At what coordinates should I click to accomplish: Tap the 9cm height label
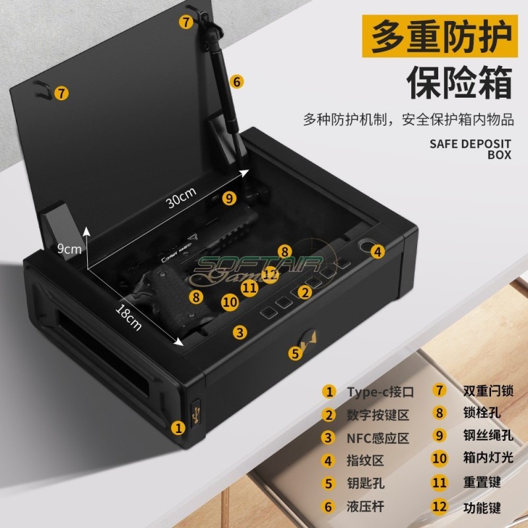69,249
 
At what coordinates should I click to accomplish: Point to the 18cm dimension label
129,316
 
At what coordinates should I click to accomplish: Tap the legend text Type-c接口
380,391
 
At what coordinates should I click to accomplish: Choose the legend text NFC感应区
378,438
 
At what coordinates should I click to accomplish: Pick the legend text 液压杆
365,507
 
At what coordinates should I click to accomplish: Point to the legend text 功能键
477,506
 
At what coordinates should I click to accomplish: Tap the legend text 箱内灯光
488,457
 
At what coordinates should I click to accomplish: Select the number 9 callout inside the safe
229,197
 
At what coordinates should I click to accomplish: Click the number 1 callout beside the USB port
178,427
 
